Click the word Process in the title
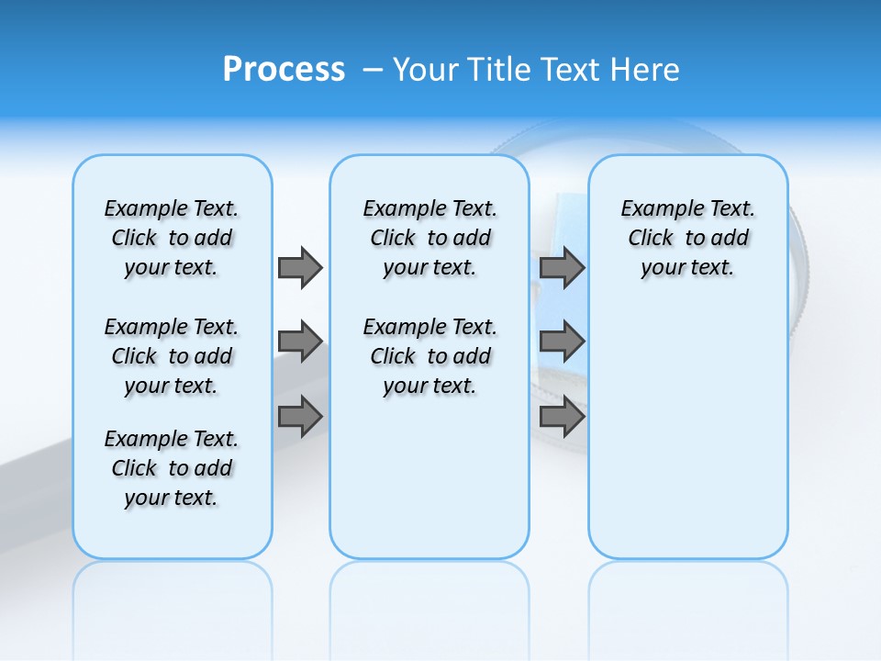[284, 70]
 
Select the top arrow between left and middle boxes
[300, 267]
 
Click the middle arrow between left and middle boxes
[300, 342]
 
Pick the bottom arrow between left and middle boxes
[300, 417]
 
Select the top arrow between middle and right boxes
[562, 267]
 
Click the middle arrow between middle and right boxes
[562, 342]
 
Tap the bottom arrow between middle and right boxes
[562, 417]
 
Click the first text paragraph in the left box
[172, 238]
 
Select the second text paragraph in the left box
[172, 356]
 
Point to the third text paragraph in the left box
[172, 468]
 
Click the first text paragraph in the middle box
[429, 238]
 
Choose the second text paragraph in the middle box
[429, 356]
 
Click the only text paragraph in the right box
[687, 238]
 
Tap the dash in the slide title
[373, 71]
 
